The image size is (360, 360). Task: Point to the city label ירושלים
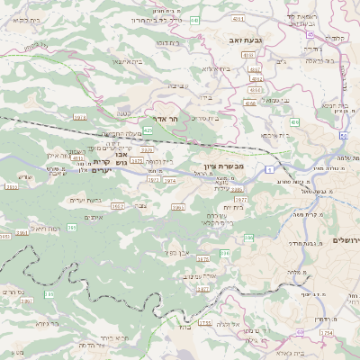(x=346, y=240)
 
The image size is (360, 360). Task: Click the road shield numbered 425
(x=147, y=130)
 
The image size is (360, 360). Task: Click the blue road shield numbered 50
(x=344, y=135)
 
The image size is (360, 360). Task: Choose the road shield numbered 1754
(x=326, y=332)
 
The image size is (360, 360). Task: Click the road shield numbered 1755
(x=205, y=322)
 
